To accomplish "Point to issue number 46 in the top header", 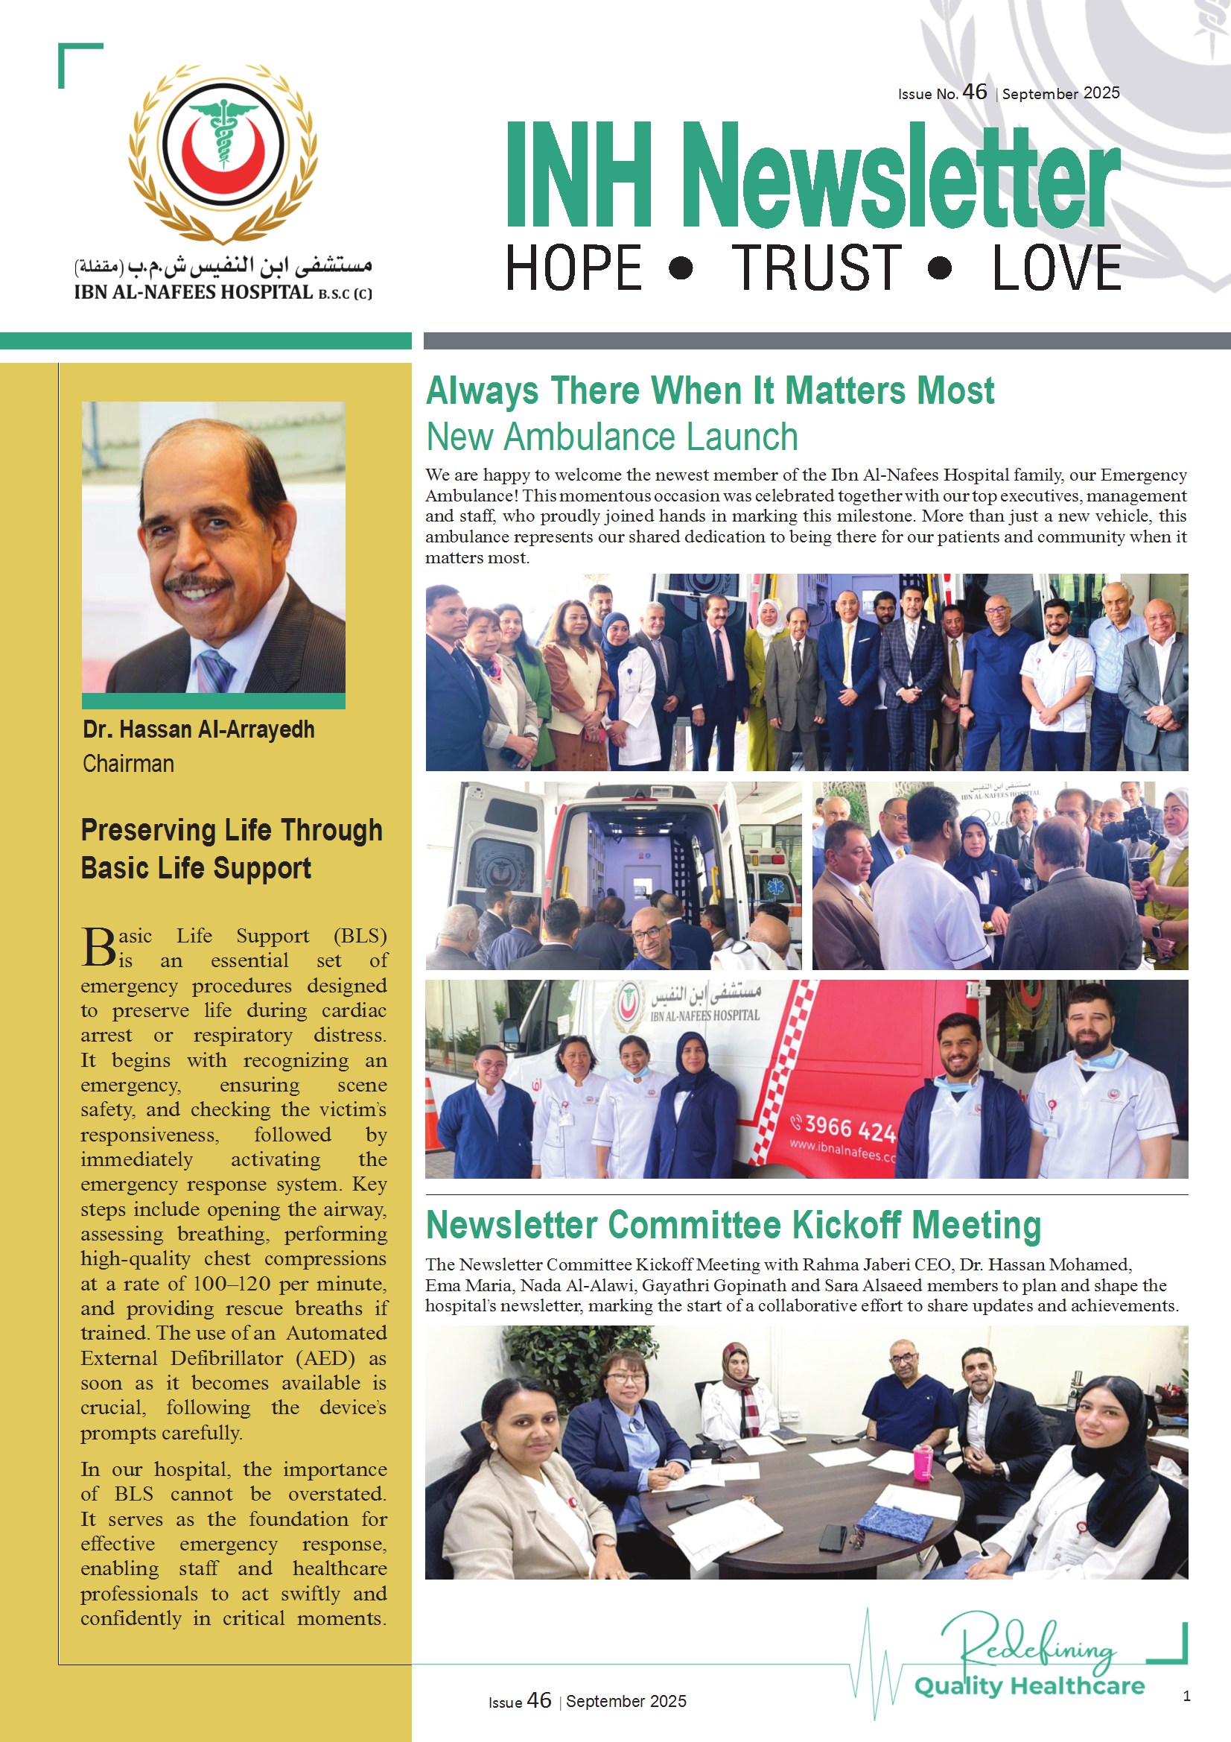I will click(974, 92).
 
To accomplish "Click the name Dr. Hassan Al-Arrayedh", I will click(198, 729).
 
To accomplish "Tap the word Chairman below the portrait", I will click(128, 763).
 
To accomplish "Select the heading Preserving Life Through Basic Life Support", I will click(232, 848).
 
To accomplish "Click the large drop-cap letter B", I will click(98, 948).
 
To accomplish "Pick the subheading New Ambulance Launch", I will click(611, 437).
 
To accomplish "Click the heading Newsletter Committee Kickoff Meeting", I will click(733, 1225).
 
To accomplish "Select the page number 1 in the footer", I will click(1186, 1695).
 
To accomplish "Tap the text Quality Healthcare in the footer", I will click(1028, 1686).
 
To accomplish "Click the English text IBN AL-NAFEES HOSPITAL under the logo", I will click(194, 292).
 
